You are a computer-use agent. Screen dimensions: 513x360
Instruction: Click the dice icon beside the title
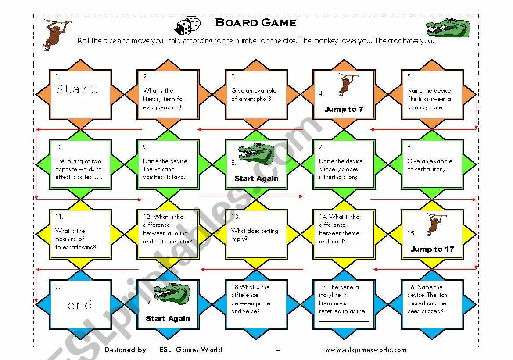pyautogui.click(x=188, y=26)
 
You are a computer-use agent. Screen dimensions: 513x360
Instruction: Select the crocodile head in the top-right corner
pyautogui.click(x=448, y=28)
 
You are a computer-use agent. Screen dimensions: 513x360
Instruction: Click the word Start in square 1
pyautogui.click(x=76, y=89)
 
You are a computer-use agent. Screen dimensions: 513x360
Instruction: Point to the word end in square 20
pyautogui.click(x=80, y=305)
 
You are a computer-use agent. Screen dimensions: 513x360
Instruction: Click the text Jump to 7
pyautogui.click(x=344, y=109)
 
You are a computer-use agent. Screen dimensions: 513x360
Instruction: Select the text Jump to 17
pyautogui.click(x=432, y=249)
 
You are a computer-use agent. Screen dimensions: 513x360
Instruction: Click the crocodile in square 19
pyautogui.click(x=172, y=294)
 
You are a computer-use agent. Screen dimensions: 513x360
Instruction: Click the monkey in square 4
pyautogui.click(x=347, y=84)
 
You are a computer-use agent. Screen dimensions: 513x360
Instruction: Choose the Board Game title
pyautogui.click(x=256, y=23)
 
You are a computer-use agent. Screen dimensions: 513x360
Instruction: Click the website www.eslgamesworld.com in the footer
pyautogui.click(x=366, y=350)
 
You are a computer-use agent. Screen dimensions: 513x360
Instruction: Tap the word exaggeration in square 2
pyautogui.click(x=162, y=107)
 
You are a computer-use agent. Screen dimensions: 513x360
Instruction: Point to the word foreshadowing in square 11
pyautogui.click(x=75, y=247)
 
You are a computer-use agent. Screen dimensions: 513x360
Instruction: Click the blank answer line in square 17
pyautogui.click(x=344, y=321)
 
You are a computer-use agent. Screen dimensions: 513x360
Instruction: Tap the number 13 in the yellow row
pyautogui.click(x=236, y=217)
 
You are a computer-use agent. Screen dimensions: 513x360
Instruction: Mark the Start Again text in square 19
pyautogui.click(x=168, y=318)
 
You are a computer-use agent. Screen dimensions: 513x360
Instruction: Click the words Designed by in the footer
pyautogui.click(x=126, y=350)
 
